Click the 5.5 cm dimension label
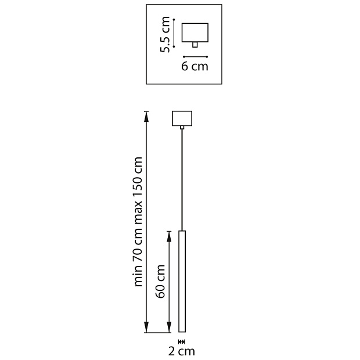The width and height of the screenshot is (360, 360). click(x=166, y=35)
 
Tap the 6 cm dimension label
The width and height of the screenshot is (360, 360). click(x=195, y=66)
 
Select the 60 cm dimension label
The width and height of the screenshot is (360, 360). click(x=161, y=282)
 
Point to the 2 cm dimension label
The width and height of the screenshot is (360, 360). click(x=182, y=351)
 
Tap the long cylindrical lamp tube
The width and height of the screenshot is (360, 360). click(x=182, y=282)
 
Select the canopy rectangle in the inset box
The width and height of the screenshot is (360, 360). click(x=195, y=32)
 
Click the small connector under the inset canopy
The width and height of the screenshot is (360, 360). click(x=195, y=44)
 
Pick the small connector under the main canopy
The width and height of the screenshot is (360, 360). click(x=182, y=127)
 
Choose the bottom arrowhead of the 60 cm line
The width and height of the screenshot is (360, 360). click(x=170, y=329)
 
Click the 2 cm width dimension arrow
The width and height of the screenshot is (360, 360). click(x=182, y=341)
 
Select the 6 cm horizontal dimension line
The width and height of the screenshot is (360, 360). click(x=195, y=56)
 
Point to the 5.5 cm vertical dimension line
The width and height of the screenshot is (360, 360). click(x=175, y=32)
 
